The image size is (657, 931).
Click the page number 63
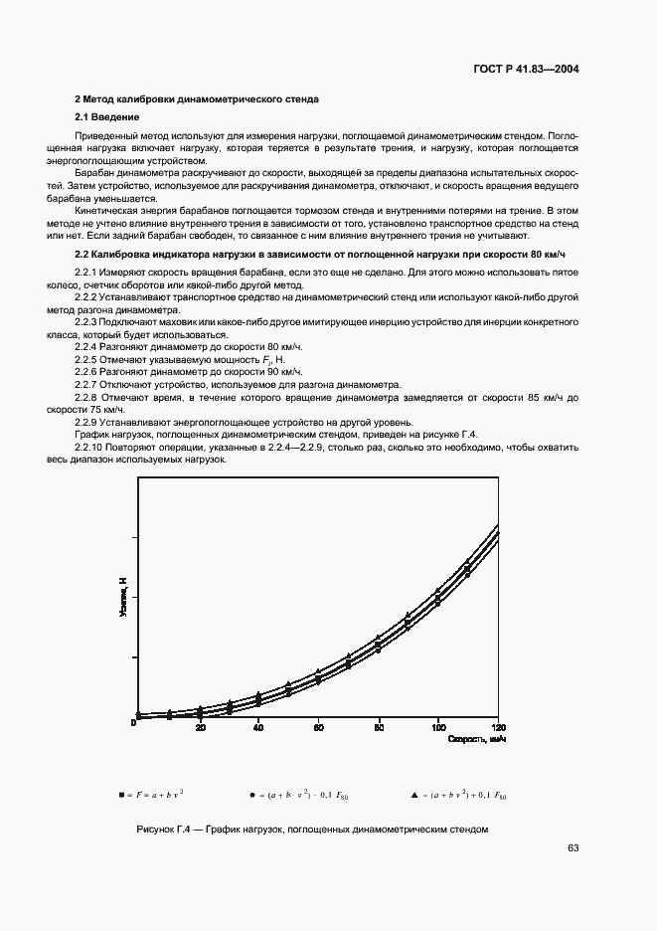pyautogui.click(x=573, y=847)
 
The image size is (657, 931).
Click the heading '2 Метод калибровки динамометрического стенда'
pyautogui.click(x=197, y=99)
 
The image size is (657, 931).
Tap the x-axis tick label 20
pyautogui.click(x=201, y=728)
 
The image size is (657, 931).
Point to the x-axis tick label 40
pyautogui.click(x=259, y=728)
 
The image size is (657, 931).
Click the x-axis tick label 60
pyautogui.click(x=319, y=728)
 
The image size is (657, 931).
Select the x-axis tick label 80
pyautogui.click(x=379, y=728)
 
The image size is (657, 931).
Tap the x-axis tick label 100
pyautogui.click(x=438, y=728)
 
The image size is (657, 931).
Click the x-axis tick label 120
pyautogui.click(x=498, y=728)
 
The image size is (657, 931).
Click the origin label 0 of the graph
pyautogui.click(x=134, y=724)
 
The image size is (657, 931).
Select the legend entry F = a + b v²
pyautogui.click(x=154, y=795)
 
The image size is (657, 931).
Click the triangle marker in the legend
pyautogui.click(x=413, y=795)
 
